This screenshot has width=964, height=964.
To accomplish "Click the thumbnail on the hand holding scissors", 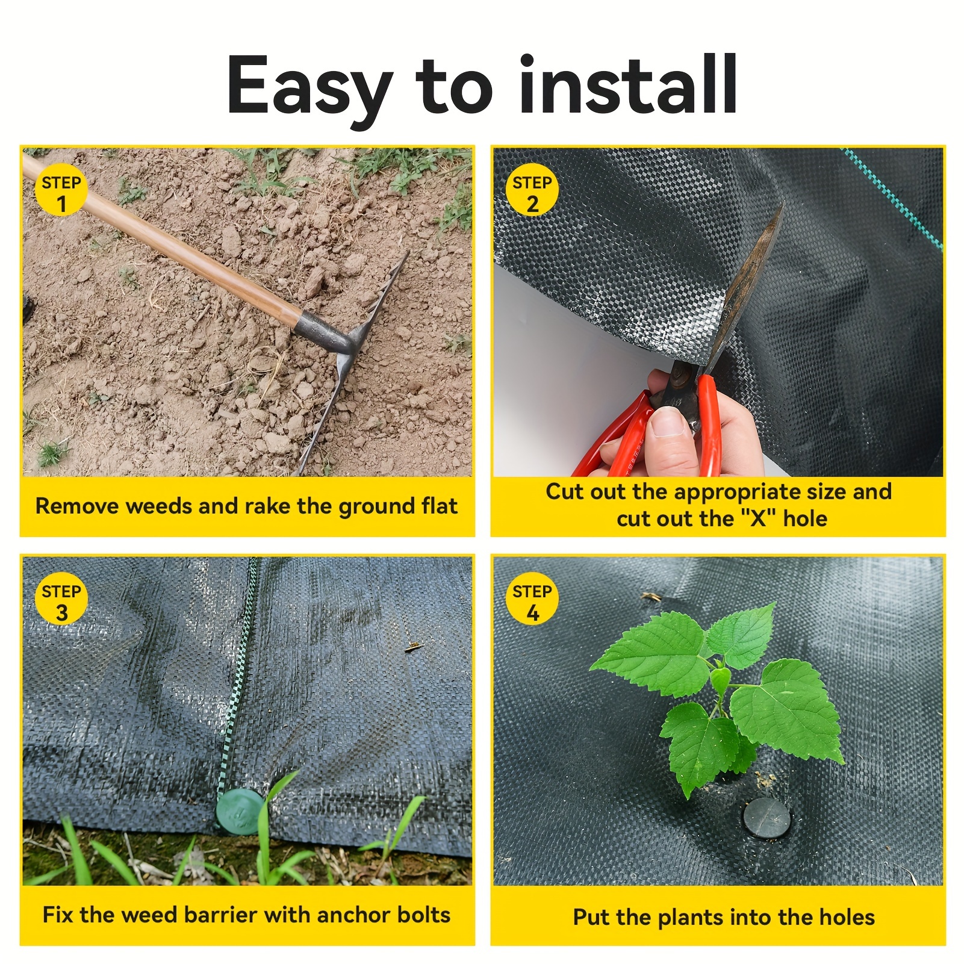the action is click(x=669, y=421).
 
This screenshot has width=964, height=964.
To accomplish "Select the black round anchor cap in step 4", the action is click(x=767, y=817).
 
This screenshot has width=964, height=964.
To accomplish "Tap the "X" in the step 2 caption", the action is click(x=757, y=518).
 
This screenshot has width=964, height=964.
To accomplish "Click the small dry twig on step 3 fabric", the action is click(x=413, y=647).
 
